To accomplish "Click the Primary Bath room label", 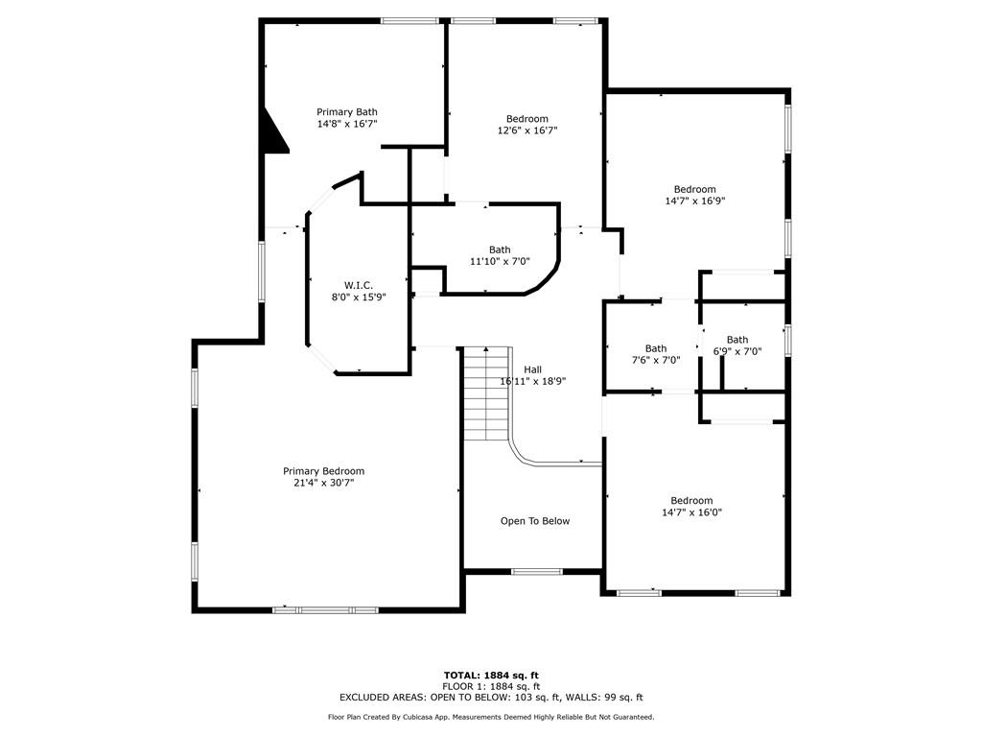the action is click(x=346, y=112).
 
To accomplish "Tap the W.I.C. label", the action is click(x=359, y=286).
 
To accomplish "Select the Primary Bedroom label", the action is click(x=323, y=471).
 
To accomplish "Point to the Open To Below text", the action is click(x=535, y=521).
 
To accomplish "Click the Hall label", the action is click(x=533, y=369).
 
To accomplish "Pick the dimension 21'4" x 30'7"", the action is click(x=323, y=484).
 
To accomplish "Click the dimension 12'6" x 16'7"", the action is click(x=526, y=131).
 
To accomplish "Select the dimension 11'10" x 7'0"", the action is click(x=500, y=261).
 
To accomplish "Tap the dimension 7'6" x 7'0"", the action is click(x=656, y=361).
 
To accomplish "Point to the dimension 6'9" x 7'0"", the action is click(x=737, y=351).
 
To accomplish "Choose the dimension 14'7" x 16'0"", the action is click(x=691, y=512).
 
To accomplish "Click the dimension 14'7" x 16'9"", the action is click(x=694, y=202).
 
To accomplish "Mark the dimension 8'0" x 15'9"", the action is click(x=359, y=297).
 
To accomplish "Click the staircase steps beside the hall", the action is click(x=486, y=393).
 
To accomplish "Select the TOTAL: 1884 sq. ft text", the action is click(x=491, y=676).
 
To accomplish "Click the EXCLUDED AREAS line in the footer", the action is click(x=491, y=698).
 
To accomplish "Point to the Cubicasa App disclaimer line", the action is click(x=491, y=717).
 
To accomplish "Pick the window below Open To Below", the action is click(x=537, y=572).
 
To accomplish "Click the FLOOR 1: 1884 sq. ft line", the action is click(x=491, y=687).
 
